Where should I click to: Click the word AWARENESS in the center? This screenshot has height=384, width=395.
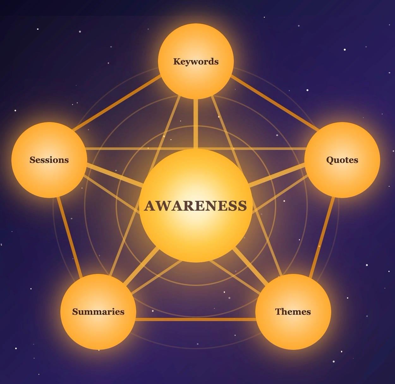pos(196,206)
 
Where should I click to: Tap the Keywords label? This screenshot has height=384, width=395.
pos(196,61)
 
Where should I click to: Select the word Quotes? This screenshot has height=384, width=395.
pos(342,160)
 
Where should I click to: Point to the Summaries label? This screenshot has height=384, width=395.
pos(98,312)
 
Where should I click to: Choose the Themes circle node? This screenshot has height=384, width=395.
pos(293,329)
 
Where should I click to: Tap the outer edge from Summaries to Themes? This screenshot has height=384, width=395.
pos(196,319)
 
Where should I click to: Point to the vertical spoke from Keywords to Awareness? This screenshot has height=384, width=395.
pos(196,123)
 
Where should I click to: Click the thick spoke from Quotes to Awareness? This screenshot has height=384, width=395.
pos(278,174)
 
